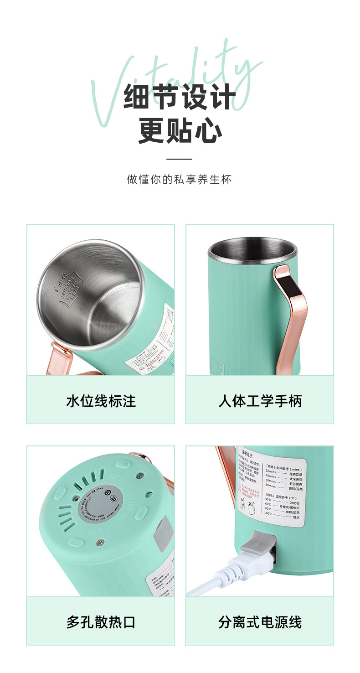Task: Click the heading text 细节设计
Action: click(x=180, y=97)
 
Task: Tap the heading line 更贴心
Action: click(x=180, y=130)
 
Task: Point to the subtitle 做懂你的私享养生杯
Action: click(x=180, y=179)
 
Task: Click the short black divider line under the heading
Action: click(x=180, y=159)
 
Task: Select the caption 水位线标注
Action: click(x=101, y=401)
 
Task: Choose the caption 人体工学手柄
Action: click(x=260, y=401)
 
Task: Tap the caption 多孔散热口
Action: click(x=101, y=622)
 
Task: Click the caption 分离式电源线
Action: click(x=260, y=622)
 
